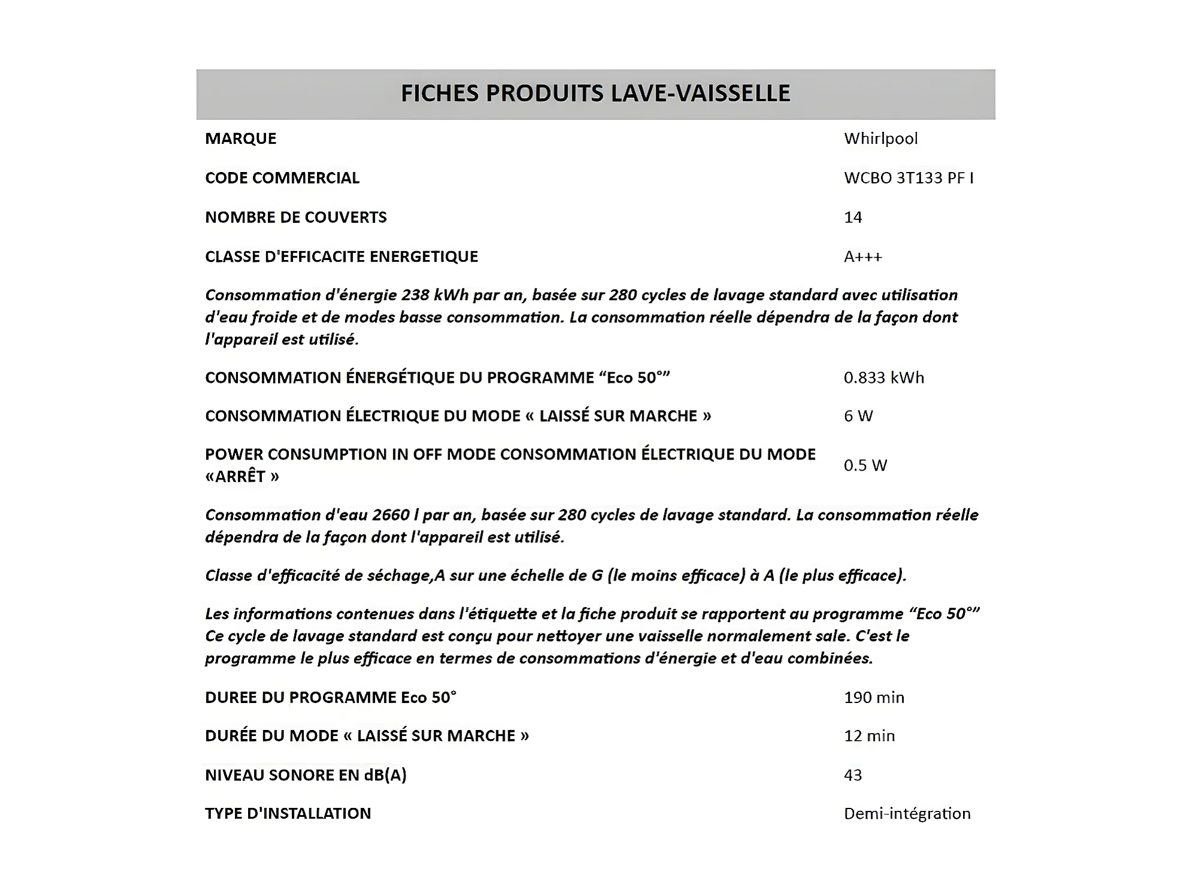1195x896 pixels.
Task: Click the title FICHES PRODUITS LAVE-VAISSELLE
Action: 595,93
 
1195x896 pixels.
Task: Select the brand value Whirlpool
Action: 880,138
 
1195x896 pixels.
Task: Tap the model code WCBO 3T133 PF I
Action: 909,178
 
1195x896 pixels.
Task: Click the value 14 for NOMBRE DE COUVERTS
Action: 852,217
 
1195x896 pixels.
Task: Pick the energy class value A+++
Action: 862,257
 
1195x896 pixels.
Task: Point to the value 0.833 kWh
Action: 883,378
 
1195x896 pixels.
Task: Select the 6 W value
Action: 858,416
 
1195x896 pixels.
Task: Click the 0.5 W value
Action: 865,465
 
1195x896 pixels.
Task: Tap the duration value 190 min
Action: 874,697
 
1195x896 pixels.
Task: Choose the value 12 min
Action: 869,735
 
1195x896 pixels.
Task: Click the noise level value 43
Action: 852,775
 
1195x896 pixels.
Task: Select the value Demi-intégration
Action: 907,813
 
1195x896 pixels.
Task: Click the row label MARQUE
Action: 240,138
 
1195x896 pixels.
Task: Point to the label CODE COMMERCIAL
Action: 282,178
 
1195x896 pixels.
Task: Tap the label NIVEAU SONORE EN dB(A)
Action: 306,775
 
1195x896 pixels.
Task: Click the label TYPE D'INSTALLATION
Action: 288,813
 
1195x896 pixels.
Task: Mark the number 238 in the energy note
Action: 415,295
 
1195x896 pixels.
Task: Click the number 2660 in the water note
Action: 391,515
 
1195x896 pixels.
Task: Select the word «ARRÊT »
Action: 242,476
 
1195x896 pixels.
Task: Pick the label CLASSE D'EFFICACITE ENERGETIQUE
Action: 341,257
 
